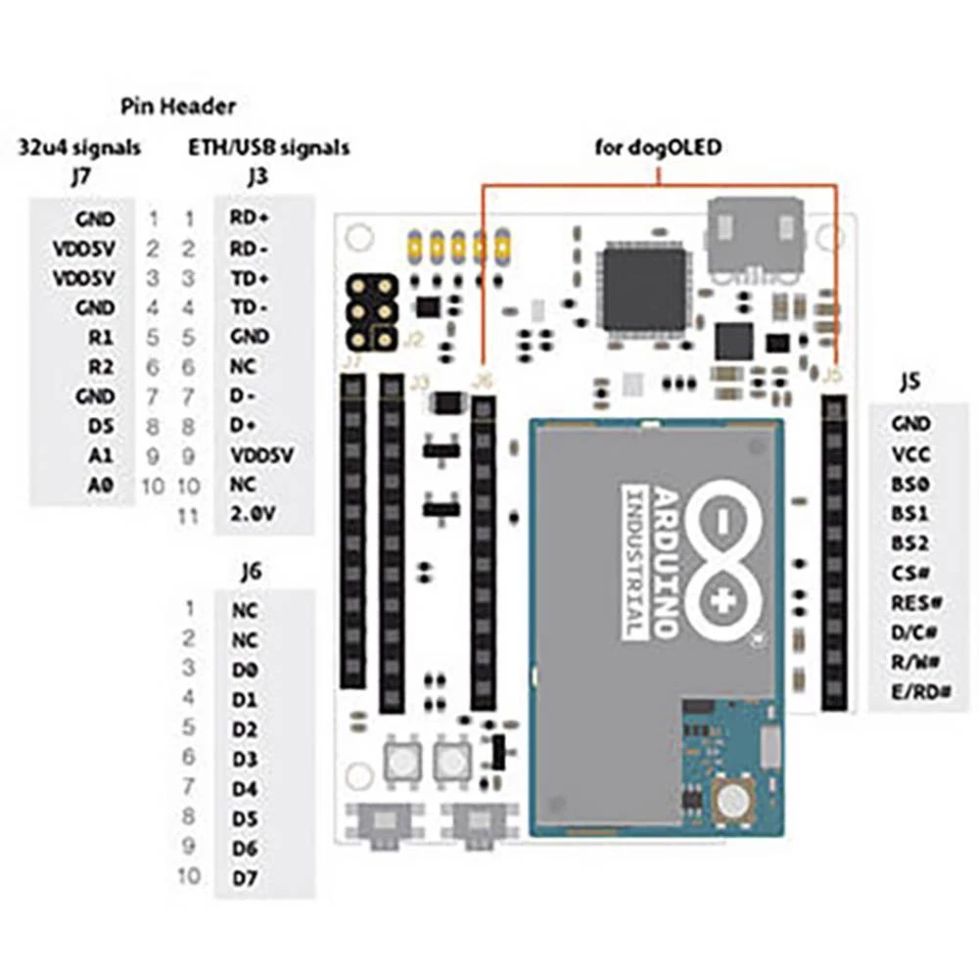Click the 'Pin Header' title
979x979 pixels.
pyautogui.click(x=178, y=106)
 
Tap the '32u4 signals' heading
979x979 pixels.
pyautogui.click(x=79, y=148)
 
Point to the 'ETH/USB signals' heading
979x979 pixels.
pyautogui.click(x=268, y=148)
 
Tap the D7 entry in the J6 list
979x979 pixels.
pyautogui.click(x=245, y=877)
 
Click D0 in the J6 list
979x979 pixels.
pyautogui.click(x=245, y=670)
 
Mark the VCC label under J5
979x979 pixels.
pyautogui.click(x=910, y=454)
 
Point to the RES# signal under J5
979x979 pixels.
pyautogui.click(x=916, y=602)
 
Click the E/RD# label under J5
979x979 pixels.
pyautogui.click(x=921, y=691)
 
